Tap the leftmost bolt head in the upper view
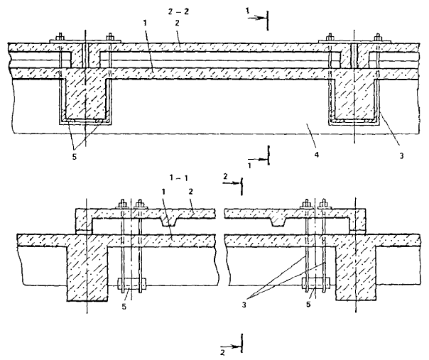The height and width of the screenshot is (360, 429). (x=60, y=36)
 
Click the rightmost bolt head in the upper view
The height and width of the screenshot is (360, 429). (x=377, y=36)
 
